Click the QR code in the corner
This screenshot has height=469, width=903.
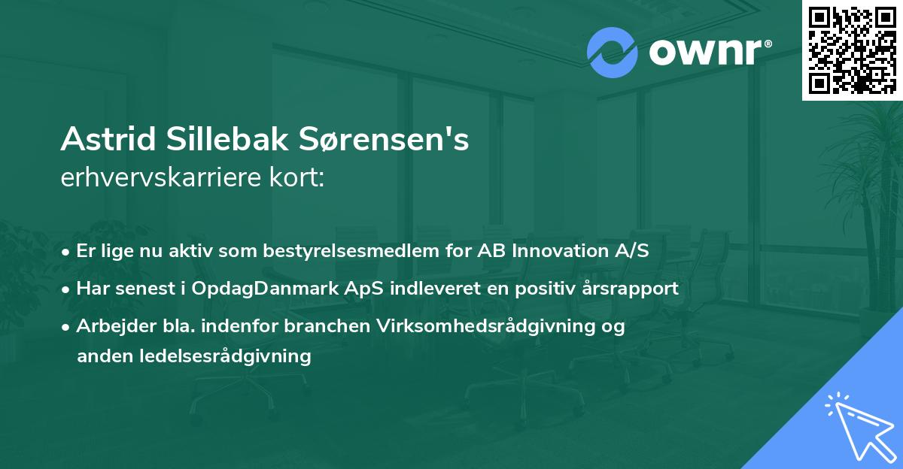coord(851,50)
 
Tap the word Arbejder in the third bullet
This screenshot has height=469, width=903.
coord(108,326)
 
